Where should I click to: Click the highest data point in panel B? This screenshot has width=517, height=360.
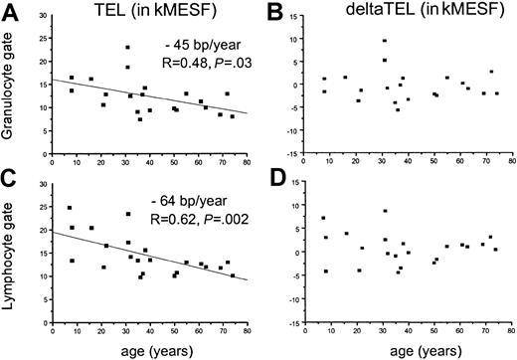(x=384, y=41)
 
